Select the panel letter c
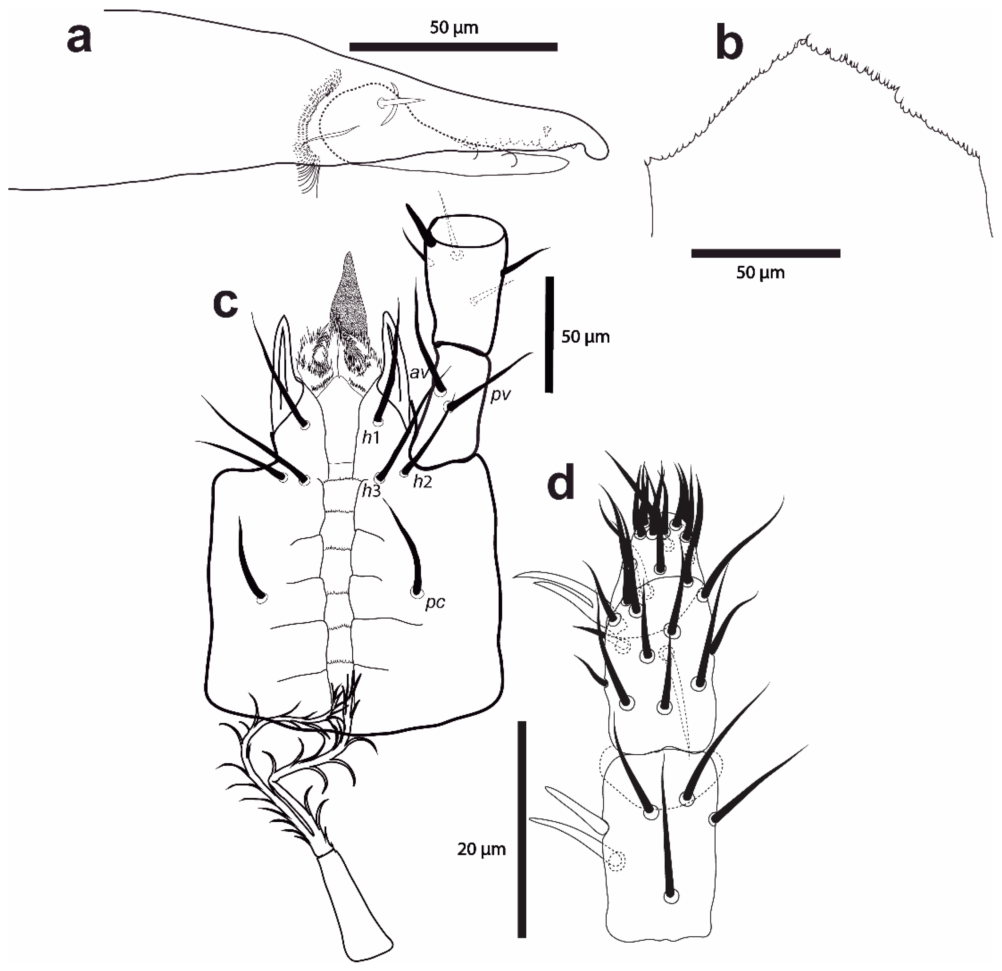pos(225,303)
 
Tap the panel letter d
pos(561,485)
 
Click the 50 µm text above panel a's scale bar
pos(454,28)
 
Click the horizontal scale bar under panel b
pos(765,253)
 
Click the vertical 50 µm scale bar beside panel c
pos(549,335)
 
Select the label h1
pos(371,438)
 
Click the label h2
pos(423,481)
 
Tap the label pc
pos(435,603)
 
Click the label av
pos(419,373)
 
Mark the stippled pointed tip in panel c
pos(349,256)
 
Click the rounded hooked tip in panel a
pos(602,151)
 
